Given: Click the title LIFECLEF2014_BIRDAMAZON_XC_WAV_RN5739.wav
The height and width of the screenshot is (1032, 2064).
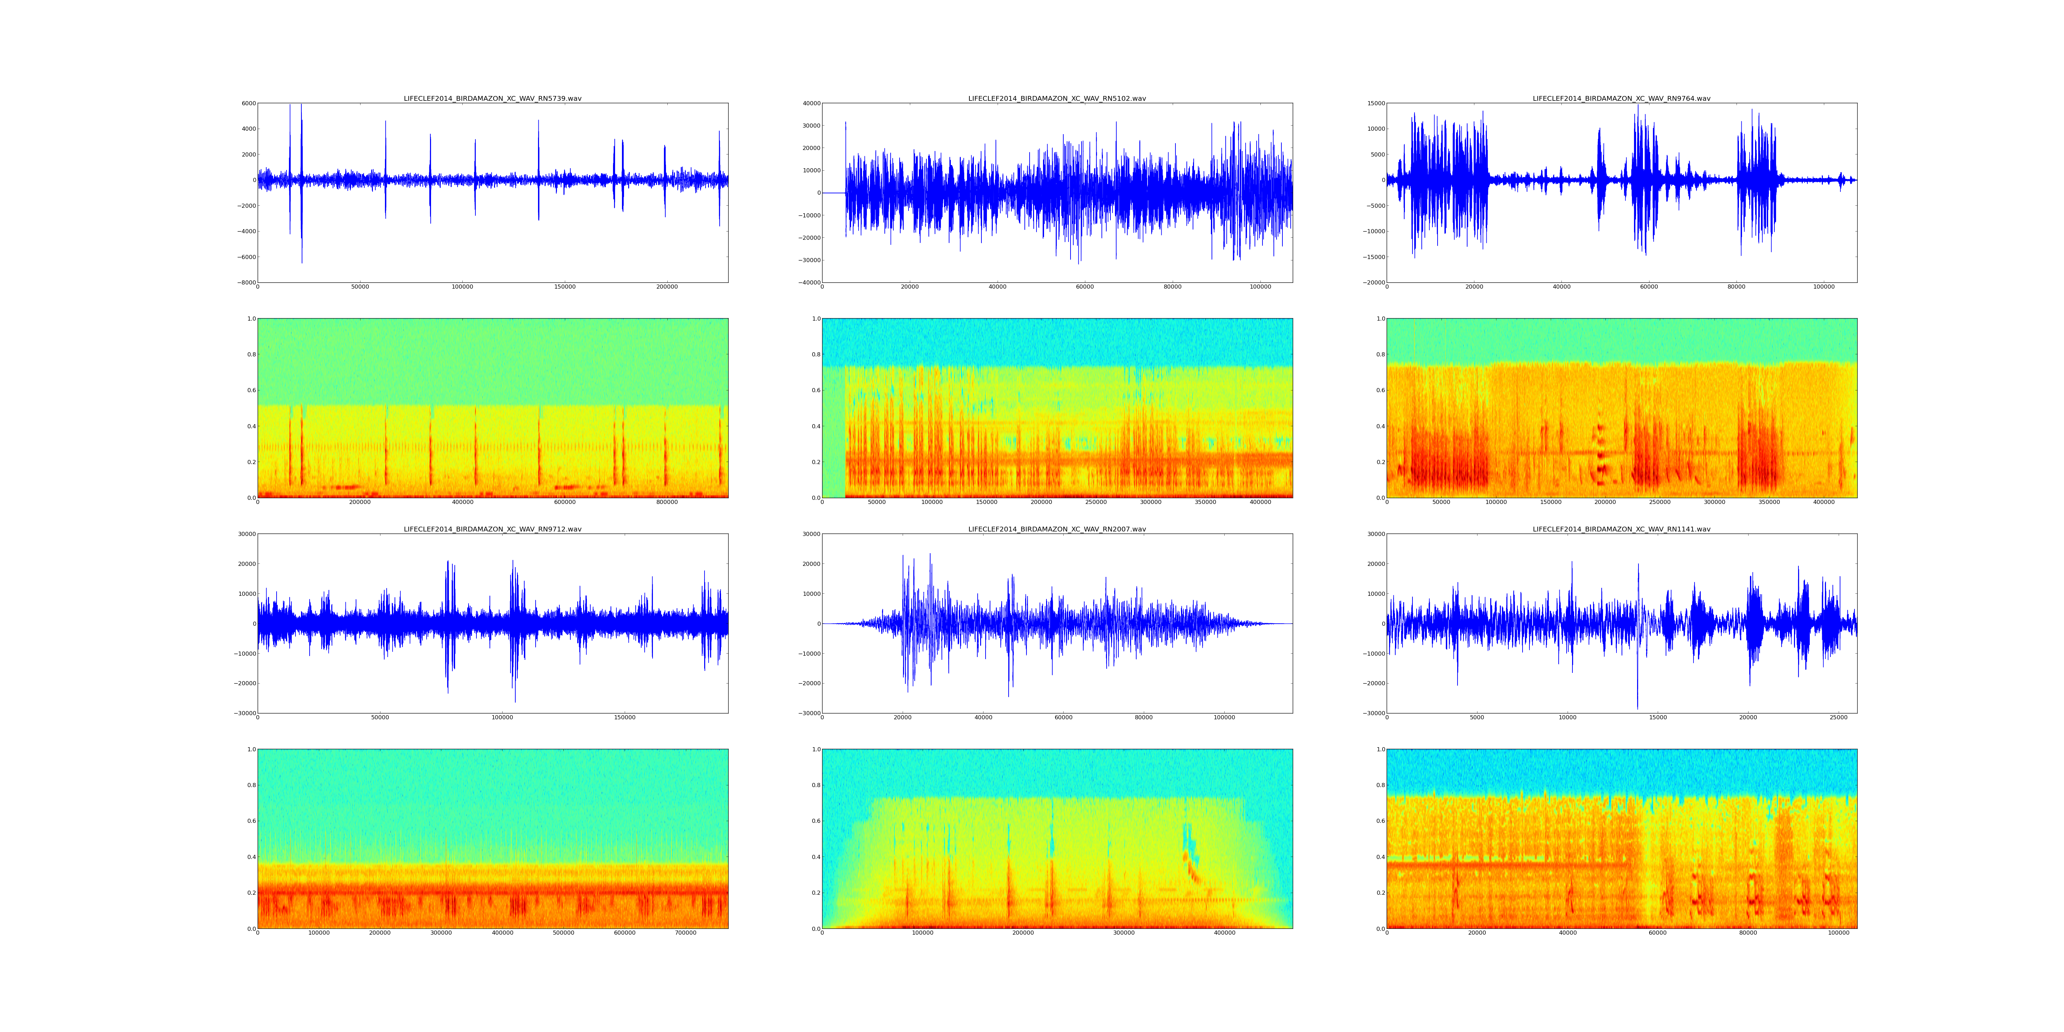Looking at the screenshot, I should click(x=492, y=98).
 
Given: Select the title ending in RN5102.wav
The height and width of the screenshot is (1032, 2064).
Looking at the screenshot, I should click(x=1057, y=98).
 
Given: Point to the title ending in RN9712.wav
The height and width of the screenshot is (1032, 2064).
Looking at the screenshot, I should click(x=492, y=530).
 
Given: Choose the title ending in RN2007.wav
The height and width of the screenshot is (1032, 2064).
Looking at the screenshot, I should click(x=1057, y=530).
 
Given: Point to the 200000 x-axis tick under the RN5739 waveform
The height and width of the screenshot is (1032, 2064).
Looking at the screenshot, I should click(x=667, y=287).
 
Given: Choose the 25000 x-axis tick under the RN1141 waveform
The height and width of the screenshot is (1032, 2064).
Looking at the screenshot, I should click(x=1839, y=718).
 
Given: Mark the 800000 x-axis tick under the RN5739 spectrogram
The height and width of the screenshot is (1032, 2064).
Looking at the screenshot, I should click(x=667, y=502).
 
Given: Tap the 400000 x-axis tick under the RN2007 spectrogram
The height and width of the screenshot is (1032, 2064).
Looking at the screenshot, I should click(x=1224, y=934).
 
